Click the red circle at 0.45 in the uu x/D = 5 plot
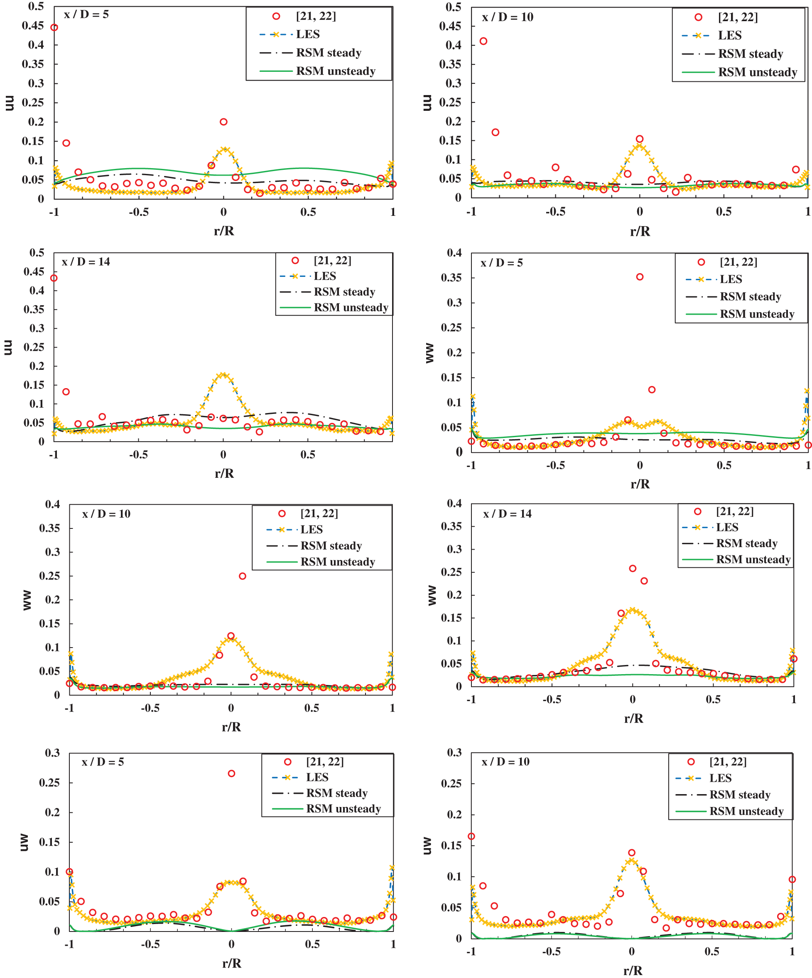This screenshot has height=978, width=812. click(x=54, y=27)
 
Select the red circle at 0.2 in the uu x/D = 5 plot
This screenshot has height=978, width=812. click(x=223, y=122)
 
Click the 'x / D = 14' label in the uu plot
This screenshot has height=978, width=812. click(x=86, y=262)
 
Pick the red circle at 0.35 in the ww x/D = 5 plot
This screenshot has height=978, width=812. click(x=640, y=277)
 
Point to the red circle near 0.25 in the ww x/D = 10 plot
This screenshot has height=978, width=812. click(x=242, y=576)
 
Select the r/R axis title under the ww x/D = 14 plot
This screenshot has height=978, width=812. click(x=633, y=719)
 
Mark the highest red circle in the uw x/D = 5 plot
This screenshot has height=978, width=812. click(x=231, y=773)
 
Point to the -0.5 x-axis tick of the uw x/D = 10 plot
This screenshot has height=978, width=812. click(x=551, y=951)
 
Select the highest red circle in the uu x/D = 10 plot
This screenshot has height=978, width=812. click(x=483, y=42)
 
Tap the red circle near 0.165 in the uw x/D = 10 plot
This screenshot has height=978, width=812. click(x=471, y=836)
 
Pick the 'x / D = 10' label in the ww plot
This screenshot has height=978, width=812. click(x=106, y=514)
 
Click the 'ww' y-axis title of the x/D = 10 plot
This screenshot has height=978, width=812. click(x=27, y=600)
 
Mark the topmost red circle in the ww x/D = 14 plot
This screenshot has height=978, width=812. click(x=633, y=569)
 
